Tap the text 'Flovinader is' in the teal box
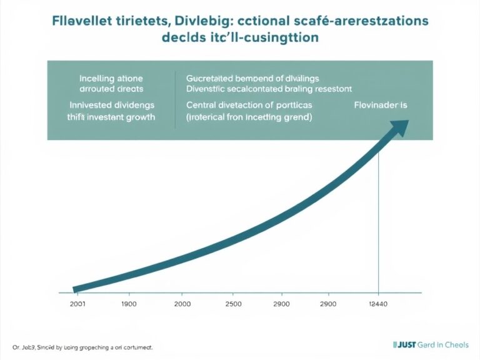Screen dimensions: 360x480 tap(380, 105)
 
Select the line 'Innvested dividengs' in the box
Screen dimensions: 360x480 tap(111, 105)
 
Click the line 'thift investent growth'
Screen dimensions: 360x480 tap(111, 117)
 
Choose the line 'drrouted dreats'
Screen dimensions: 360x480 tap(111, 89)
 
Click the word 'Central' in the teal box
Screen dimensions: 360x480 tap(202, 105)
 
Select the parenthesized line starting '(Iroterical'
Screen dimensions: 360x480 tap(249, 117)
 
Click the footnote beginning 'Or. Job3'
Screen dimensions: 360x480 tap(82, 346)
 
